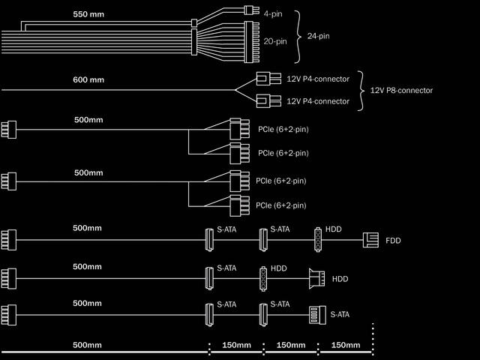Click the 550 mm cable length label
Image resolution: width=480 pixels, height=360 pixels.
89,14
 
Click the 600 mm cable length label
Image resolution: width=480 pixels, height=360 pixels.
89,79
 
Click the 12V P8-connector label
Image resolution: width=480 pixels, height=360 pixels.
401,91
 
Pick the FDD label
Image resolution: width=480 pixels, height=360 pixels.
393,241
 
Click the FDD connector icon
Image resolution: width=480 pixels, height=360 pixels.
370,240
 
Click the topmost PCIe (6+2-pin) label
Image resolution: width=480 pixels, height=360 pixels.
283,130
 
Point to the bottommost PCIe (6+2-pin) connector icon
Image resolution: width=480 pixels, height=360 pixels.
238,205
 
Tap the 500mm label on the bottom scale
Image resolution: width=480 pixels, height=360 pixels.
87,346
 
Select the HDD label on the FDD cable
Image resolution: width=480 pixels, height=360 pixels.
334,229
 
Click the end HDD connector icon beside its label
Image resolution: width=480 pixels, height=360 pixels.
317,278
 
